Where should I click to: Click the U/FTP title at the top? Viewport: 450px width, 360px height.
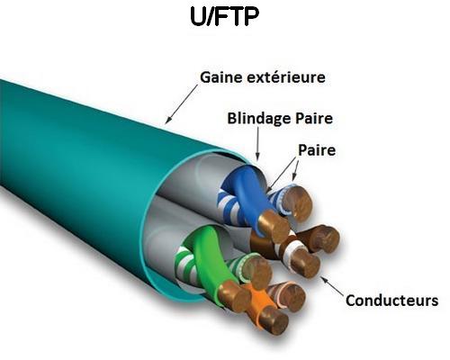click(x=224, y=17)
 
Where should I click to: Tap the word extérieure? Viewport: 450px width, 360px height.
click(x=286, y=77)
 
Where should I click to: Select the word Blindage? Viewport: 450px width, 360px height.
click(x=259, y=119)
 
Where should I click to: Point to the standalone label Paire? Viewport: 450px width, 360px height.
click(x=317, y=149)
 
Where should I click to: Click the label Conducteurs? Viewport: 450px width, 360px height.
click(x=391, y=301)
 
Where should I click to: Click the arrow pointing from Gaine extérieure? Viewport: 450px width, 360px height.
click(x=182, y=103)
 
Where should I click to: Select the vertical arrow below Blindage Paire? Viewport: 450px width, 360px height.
click(x=257, y=143)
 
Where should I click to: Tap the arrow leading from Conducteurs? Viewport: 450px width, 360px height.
click(x=332, y=286)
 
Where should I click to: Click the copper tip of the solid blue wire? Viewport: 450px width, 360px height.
click(x=274, y=226)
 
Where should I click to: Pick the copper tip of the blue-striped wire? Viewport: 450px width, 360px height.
click(x=298, y=202)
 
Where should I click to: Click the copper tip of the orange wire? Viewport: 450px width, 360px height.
click(x=274, y=320)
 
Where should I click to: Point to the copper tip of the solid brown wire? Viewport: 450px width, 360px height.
click(x=324, y=238)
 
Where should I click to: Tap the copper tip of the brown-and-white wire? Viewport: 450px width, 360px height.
click(x=305, y=263)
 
